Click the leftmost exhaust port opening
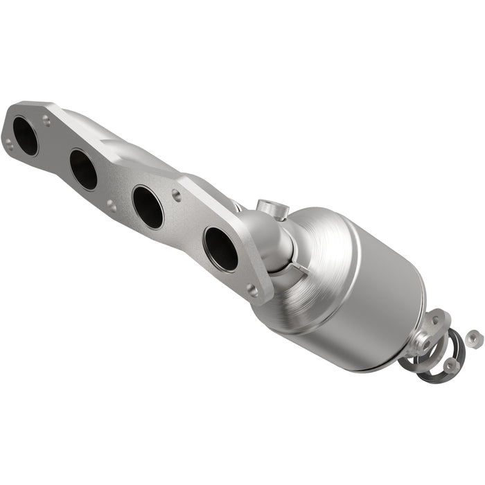click(x=25, y=136)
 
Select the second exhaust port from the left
click(x=84, y=169)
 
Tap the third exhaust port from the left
click(x=148, y=206)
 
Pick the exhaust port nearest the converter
click(x=220, y=248)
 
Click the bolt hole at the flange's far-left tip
click(x=9, y=143)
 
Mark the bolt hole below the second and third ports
click(x=111, y=205)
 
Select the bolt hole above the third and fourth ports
click(x=177, y=195)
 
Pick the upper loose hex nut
click(x=473, y=338)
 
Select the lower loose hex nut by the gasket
click(x=451, y=364)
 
